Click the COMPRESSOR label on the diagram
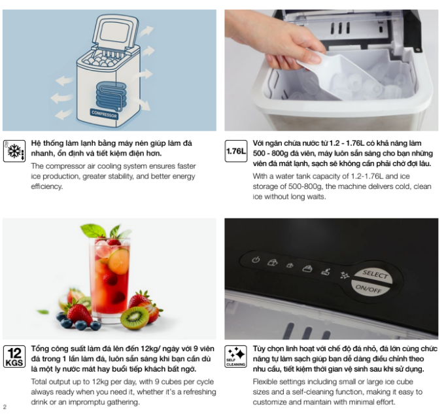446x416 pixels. coord(104,114)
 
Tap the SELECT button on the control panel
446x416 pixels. coord(374,275)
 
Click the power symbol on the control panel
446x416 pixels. coord(256,260)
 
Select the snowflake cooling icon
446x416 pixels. coord(14,151)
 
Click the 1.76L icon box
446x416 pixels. coord(236,151)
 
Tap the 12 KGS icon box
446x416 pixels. coord(14,356)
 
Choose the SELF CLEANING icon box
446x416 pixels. coord(236,356)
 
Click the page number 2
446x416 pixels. coord(5,407)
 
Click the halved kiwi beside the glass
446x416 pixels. coord(135,318)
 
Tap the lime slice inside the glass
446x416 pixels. coord(118,262)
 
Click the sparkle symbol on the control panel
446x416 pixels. coord(345,275)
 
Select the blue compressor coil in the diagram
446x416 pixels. coord(111,96)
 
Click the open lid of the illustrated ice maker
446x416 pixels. coord(116,31)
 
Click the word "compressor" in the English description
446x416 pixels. coord(62,166)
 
